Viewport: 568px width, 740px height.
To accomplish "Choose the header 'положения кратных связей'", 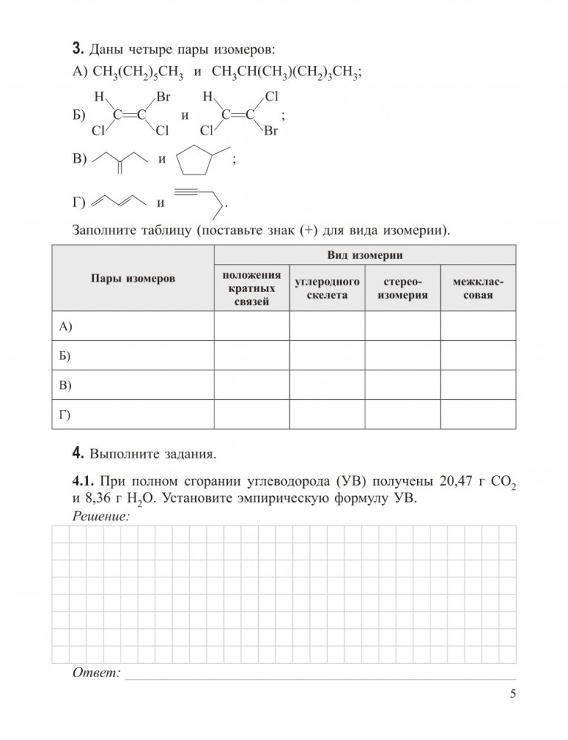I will (x=251, y=288).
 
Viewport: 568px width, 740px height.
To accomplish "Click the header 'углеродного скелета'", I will (x=327, y=288).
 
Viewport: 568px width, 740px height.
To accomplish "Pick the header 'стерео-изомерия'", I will (x=403, y=288).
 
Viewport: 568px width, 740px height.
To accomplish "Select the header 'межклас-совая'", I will (x=479, y=288).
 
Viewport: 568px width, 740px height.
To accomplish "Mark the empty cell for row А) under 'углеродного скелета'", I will (x=327, y=326).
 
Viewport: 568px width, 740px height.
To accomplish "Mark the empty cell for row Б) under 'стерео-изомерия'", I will (x=403, y=355).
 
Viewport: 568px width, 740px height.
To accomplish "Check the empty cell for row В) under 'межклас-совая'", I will (x=479, y=384).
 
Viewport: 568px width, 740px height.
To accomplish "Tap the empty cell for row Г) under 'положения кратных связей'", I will (x=251, y=414).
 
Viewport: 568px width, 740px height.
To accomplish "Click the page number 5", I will (x=513, y=693).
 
